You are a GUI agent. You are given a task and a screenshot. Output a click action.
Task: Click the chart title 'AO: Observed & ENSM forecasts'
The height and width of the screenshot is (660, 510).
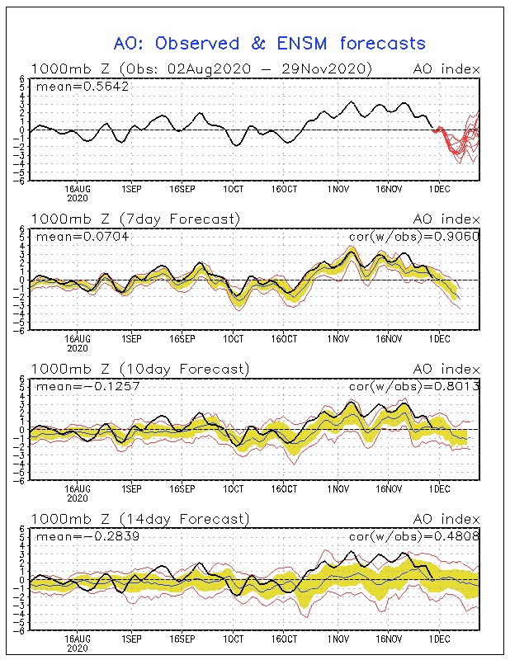[269, 43]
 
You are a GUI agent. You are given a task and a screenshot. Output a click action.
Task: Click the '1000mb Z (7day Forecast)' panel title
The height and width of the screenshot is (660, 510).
[135, 219]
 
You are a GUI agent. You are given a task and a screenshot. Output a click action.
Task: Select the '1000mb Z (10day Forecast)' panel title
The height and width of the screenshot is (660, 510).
[139, 369]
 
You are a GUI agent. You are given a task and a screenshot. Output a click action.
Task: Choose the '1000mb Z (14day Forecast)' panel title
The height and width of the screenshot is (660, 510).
[139, 519]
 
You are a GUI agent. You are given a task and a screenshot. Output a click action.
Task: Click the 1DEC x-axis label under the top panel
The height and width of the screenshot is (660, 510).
[439, 187]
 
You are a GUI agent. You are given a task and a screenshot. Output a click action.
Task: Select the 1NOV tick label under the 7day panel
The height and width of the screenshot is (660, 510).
[337, 337]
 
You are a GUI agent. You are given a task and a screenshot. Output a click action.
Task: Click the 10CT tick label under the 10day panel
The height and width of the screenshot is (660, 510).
[234, 488]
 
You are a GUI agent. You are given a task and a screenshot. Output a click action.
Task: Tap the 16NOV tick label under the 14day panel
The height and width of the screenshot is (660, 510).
[387, 638]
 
